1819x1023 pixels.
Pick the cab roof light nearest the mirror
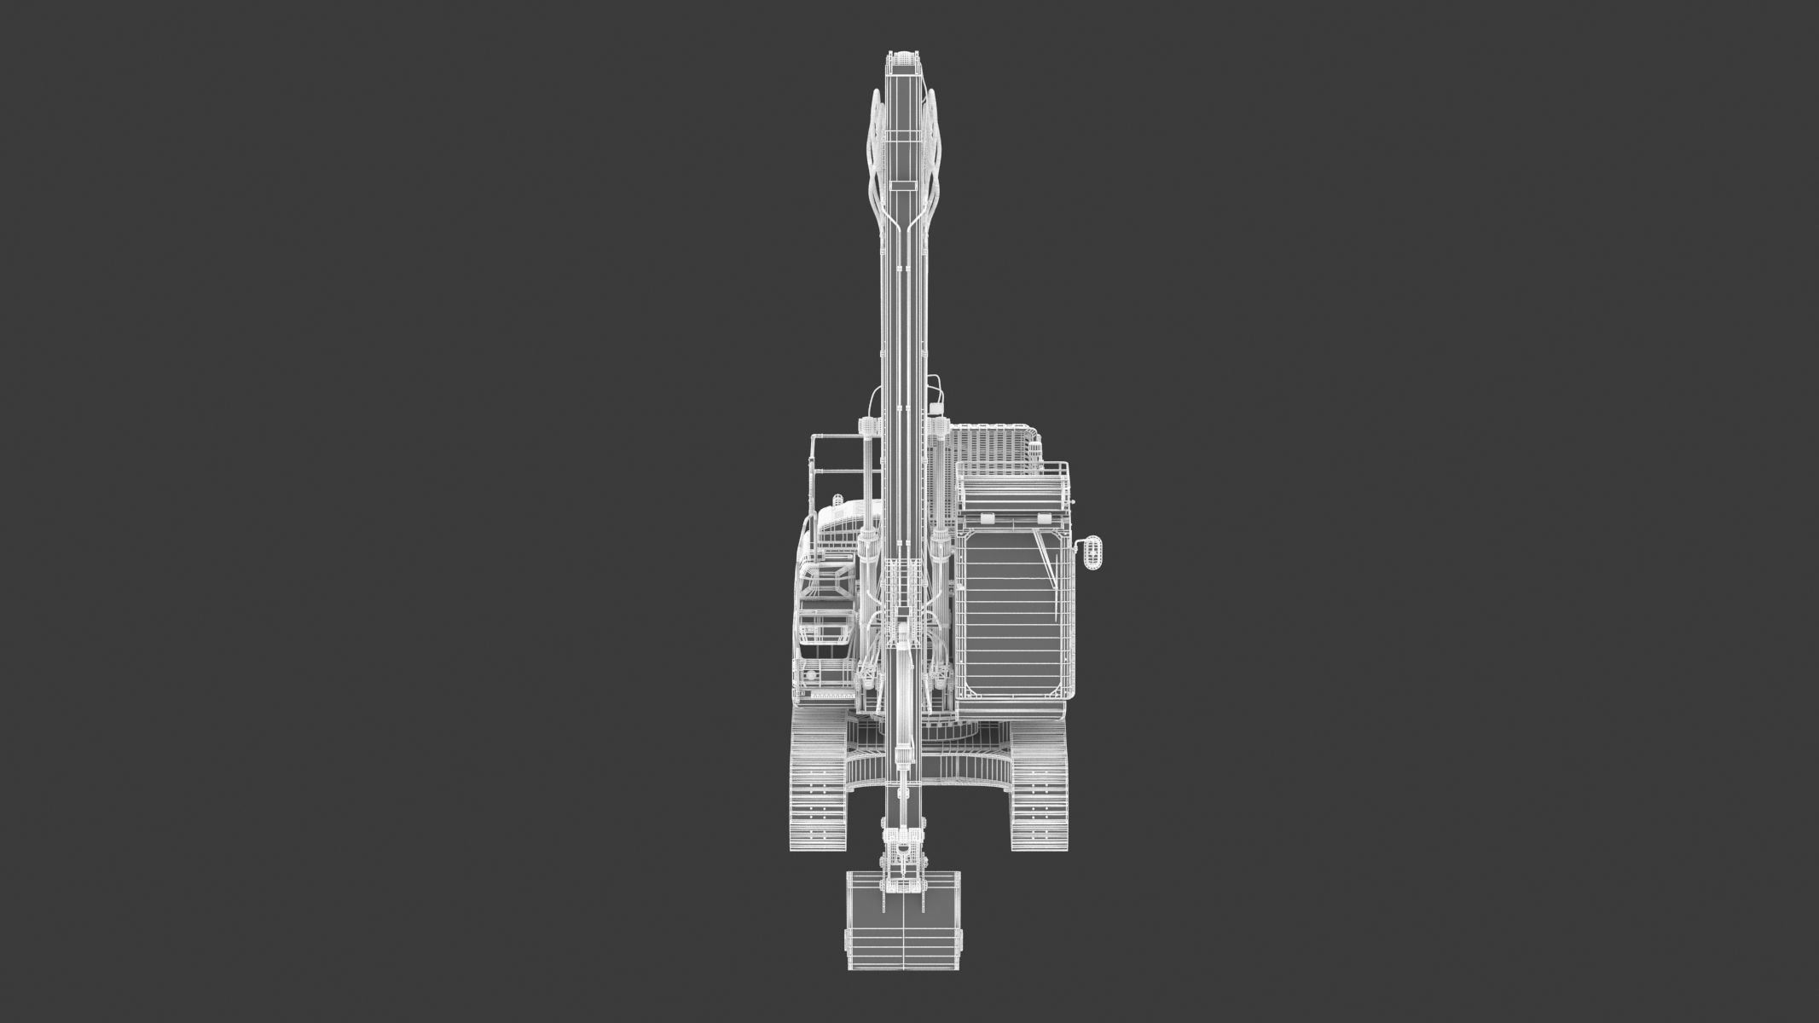[x=1042, y=518]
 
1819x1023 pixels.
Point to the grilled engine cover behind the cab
[x=991, y=443]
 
